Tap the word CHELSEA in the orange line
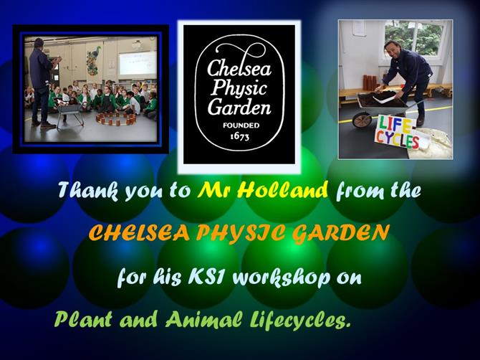point(139,234)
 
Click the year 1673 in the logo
point(239,136)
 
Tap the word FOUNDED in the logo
point(241,125)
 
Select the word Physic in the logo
point(239,88)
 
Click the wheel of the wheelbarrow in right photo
point(362,120)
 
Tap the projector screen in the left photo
point(138,63)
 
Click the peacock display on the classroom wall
point(94,60)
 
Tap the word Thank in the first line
point(88,191)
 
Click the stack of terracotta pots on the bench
point(370,82)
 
